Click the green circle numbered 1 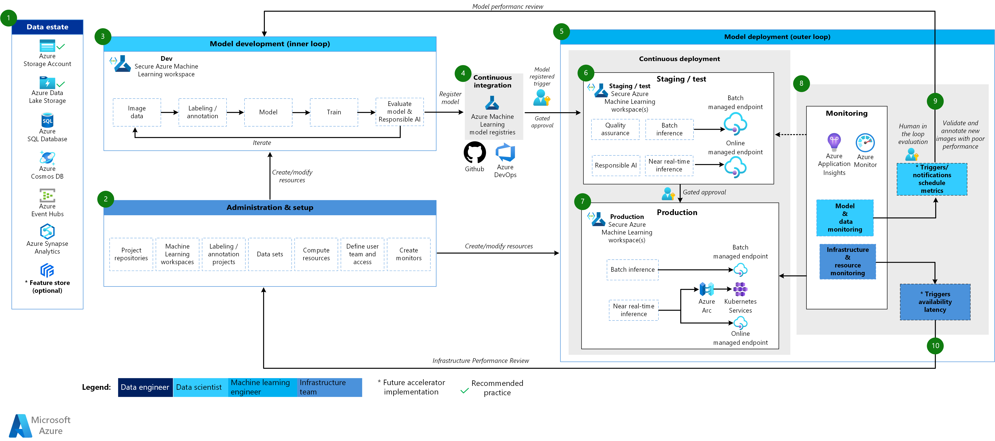pos(9,18)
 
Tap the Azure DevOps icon pos(505,152)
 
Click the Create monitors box pos(409,254)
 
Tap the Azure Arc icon pos(706,289)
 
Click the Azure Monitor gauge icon pos(865,143)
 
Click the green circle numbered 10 pos(935,346)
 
